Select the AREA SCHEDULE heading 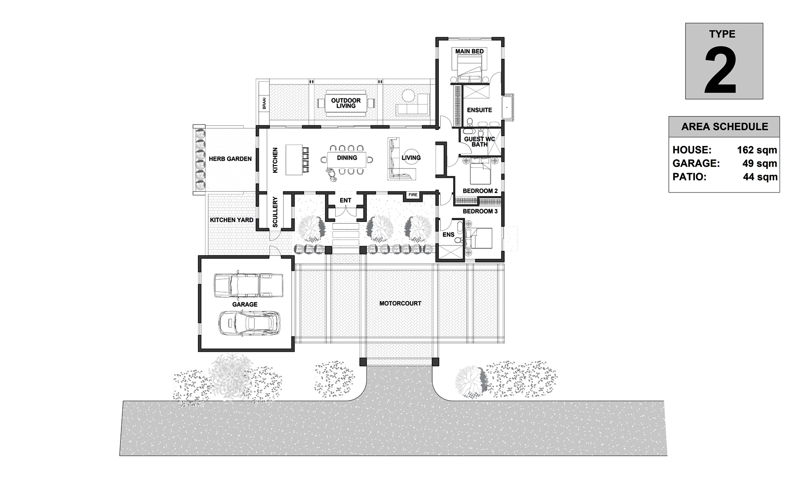click(724, 127)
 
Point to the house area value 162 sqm click(757, 150)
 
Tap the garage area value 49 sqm click(760, 163)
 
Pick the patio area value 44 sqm click(760, 177)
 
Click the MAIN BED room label click(469, 51)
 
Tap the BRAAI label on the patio click(264, 104)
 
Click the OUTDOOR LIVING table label click(346, 103)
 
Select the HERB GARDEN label click(230, 159)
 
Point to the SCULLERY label click(275, 213)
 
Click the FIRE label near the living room click(413, 195)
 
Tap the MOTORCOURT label click(400, 303)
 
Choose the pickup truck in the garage click(249, 285)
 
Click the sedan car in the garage click(249, 323)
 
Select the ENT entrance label click(345, 201)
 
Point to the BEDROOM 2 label click(480, 191)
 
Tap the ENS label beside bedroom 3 click(449, 234)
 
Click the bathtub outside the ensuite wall click(507, 107)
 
